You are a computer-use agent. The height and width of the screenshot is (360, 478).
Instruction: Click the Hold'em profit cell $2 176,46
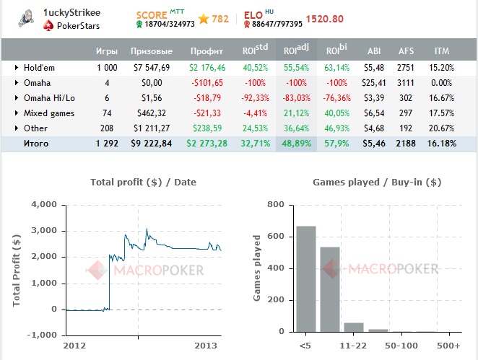pyautogui.click(x=209, y=67)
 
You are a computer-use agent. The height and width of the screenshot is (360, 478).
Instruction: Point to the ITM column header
pyautogui.click(x=442, y=51)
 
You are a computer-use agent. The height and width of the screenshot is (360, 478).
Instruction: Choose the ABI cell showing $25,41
pyautogui.click(x=374, y=83)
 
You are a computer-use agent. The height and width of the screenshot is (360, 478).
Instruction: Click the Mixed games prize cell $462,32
pyautogui.click(x=152, y=113)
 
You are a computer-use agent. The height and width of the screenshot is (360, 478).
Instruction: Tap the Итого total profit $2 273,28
pyautogui.click(x=208, y=144)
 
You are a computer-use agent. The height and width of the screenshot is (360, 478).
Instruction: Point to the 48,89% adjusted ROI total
pyautogui.click(x=296, y=144)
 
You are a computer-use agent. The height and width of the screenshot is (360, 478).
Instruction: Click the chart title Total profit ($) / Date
pyautogui.click(x=143, y=183)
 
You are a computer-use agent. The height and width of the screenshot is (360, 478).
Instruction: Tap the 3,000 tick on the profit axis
pyautogui.click(x=43, y=231)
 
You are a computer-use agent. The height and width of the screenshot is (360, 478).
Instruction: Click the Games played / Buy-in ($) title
pyautogui.click(x=376, y=183)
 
